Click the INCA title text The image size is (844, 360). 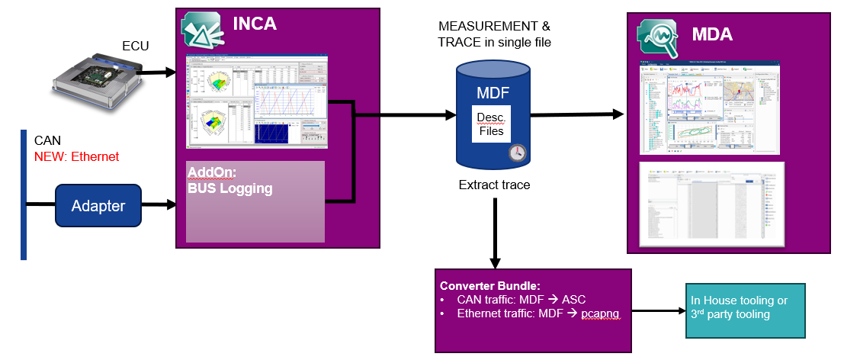[254, 24]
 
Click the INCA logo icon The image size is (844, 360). [201, 30]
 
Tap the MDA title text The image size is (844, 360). [712, 34]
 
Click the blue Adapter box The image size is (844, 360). [98, 205]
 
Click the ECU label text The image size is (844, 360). [136, 47]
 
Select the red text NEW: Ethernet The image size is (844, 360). [76, 156]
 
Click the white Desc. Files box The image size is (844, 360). [491, 124]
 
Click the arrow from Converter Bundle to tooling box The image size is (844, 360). [656, 310]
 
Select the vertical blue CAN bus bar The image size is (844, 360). [24, 194]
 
